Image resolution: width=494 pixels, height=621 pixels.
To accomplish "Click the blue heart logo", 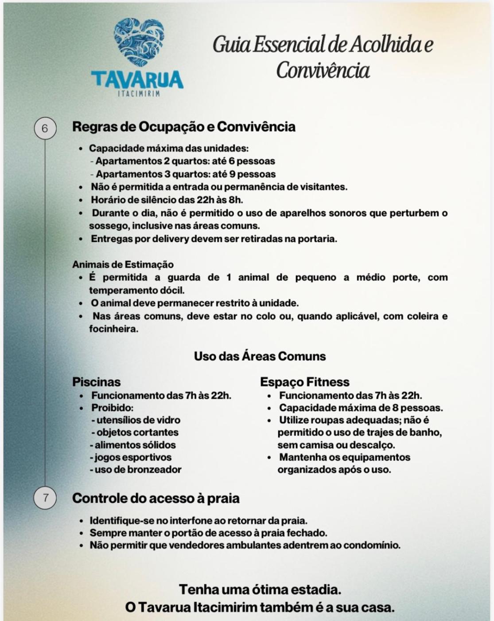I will (x=139, y=42).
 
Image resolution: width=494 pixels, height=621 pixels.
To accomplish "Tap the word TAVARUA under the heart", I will (x=137, y=79).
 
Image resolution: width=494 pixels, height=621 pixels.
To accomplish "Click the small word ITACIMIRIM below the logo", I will (x=139, y=94).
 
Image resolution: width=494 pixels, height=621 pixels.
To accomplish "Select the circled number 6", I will (x=45, y=129).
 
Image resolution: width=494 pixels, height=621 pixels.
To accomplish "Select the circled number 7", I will (x=45, y=498).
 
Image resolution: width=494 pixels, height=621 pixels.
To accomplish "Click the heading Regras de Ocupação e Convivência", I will (x=183, y=127).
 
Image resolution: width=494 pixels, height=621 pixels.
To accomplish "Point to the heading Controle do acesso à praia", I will (x=156, y=498).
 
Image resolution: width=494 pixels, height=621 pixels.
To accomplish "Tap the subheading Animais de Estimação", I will (x=123, y=264).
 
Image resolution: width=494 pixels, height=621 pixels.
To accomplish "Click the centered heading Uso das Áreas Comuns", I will (x=260, y=356).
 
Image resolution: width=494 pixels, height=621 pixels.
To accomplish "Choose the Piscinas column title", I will (x=96, y=382).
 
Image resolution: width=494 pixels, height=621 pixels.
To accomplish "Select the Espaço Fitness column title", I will (x=304, y=382).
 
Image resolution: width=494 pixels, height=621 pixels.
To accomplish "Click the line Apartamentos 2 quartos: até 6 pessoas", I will (x=185, y=161).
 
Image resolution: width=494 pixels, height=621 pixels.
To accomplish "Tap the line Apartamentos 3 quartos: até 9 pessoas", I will (x=186, y=174).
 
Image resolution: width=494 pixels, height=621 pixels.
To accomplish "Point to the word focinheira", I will (x=113, y=329).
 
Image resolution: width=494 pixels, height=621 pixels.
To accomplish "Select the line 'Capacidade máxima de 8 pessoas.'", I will (x=361, y=408).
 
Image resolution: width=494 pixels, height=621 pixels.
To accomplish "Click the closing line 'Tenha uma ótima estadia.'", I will (x=260, y=590).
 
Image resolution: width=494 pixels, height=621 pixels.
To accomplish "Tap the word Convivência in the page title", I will (x=323, y=70).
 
